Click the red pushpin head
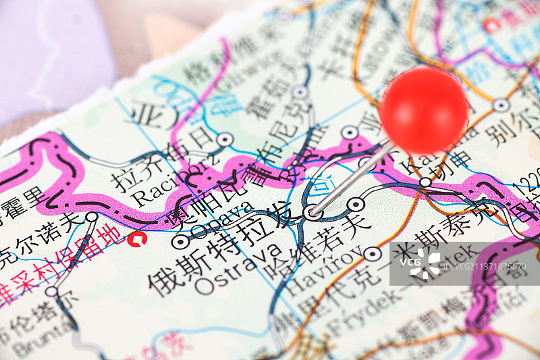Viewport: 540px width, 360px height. pos(423,109)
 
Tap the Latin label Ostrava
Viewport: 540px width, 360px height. pos(238,268)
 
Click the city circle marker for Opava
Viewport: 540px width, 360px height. pos(180,241)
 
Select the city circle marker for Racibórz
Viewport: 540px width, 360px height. pos(225,139)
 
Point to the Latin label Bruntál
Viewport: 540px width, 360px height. pos(34,345)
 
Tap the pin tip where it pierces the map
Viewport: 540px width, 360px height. pos(313,213)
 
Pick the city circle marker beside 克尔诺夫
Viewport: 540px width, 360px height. pos(92,217)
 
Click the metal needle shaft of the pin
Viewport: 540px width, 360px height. pos(351,179)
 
